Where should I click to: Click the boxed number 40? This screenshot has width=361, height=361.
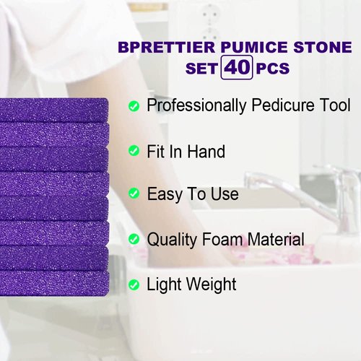238,69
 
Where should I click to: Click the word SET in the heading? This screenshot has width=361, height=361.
203,70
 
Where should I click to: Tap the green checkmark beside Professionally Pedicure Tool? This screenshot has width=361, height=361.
134,106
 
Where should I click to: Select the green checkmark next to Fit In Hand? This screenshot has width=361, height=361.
134,150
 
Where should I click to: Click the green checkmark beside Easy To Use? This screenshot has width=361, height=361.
134,194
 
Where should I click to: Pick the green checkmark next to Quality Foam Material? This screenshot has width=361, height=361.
134,239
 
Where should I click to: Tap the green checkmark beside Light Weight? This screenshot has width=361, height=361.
134,284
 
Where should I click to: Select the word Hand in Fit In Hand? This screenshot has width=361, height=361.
206,151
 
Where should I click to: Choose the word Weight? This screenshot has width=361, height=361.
209,284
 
